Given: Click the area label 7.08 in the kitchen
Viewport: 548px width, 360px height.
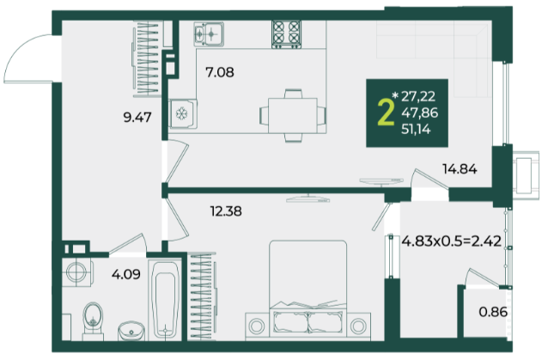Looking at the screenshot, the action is [x=220, y=73].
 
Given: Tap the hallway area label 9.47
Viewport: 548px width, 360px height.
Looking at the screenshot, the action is [x=137, y=118].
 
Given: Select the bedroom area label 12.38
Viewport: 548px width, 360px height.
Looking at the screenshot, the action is [x=226, y=211].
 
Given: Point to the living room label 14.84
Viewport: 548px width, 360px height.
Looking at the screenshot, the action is [x=460, y=169].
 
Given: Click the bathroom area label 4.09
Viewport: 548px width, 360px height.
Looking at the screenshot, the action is [x=126, y=274].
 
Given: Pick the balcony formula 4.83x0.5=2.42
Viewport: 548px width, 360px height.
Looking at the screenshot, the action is [x=452, y=241].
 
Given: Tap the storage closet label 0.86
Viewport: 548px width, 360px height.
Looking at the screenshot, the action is [x=493, y=312].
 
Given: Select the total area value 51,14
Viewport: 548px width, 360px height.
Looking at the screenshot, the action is [x=416, y=130].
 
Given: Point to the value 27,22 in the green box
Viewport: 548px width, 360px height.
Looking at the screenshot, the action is [x=418, y=96].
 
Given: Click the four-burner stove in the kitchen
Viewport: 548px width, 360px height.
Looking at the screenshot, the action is [x=287, y=34].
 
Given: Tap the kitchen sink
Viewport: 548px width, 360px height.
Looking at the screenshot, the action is [x=209, y=34].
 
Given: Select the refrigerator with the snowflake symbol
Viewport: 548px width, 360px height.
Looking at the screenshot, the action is [x=182, y=113].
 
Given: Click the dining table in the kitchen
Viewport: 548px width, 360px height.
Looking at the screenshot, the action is [x=293, y=115].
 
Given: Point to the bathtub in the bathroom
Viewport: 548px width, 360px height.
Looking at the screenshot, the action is [x=165, y=300].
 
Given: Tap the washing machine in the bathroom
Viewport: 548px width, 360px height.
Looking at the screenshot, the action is [x=77, y=272].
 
